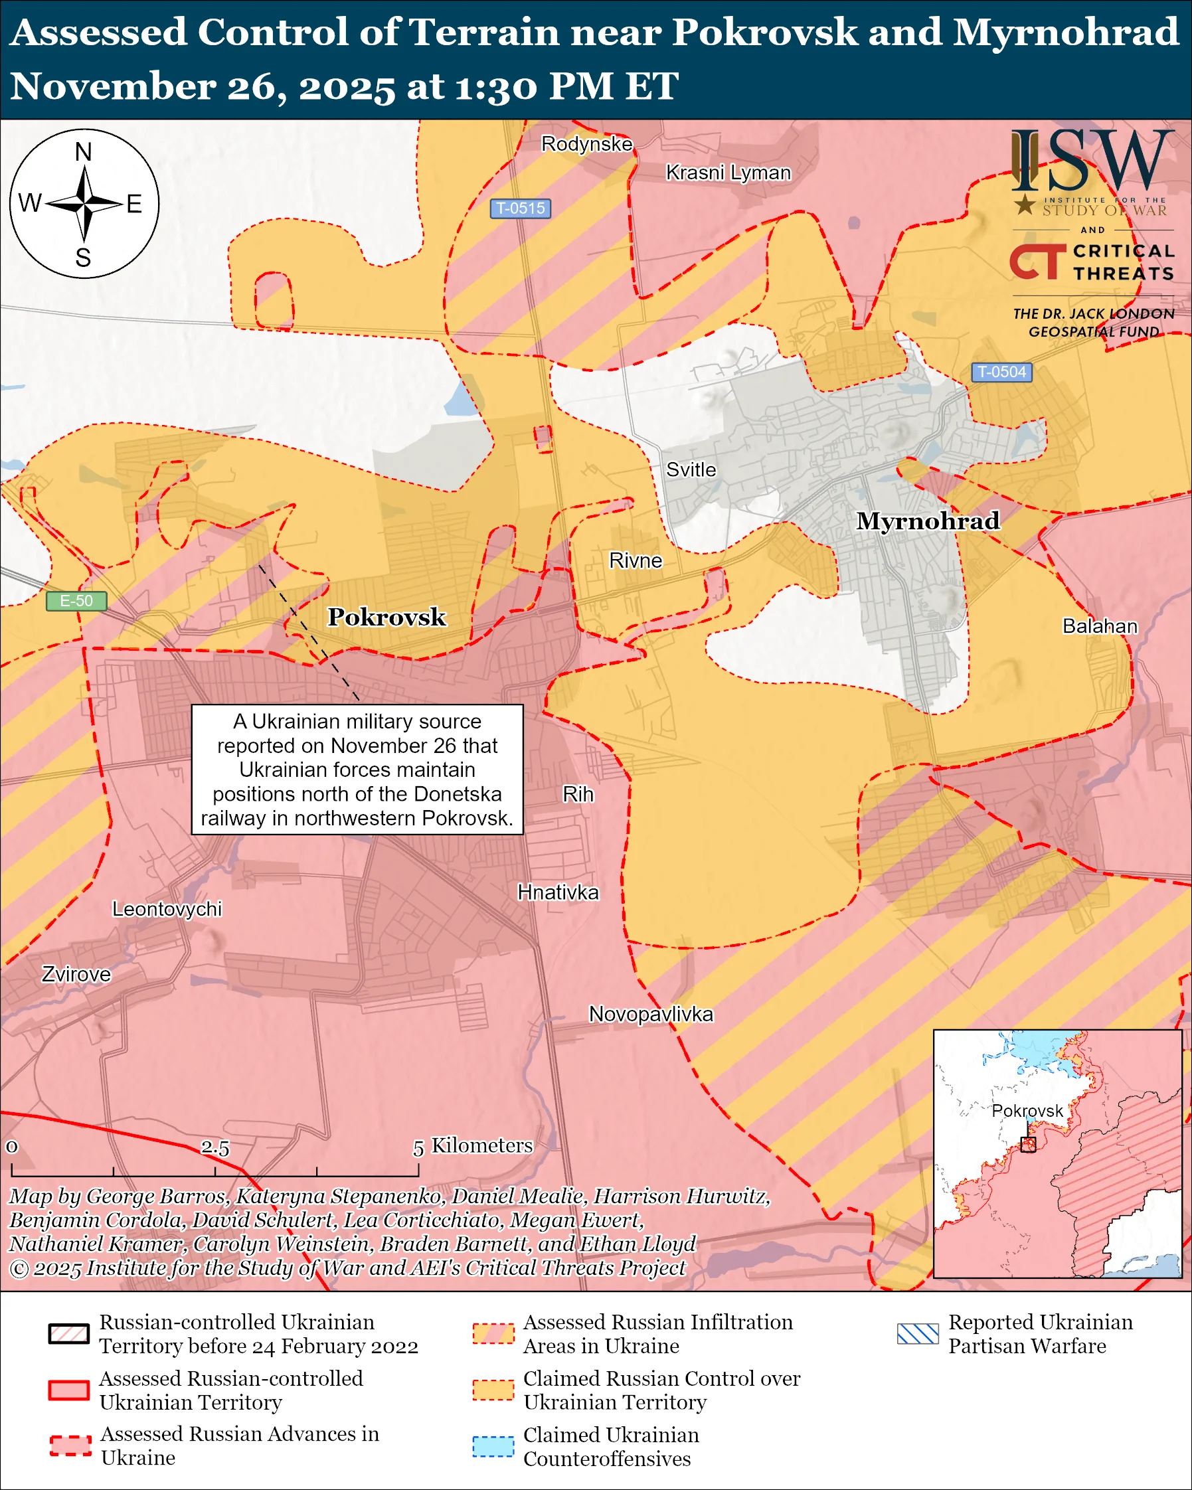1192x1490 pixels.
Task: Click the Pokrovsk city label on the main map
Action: [386, 617]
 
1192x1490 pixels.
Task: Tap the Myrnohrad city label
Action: [927, 521]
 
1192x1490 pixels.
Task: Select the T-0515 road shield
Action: [521, 208]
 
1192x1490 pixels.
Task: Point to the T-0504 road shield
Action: [1001, 372]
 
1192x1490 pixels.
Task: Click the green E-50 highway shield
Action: [76, 600]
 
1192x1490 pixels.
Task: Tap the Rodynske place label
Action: [586, 143]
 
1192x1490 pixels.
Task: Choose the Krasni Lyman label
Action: [728, 173]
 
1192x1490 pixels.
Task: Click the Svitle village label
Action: [691, 470]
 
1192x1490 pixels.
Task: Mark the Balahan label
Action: [1100, 626]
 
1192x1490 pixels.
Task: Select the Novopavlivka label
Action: [650, 1014]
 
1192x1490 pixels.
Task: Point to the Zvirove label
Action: [76, 975]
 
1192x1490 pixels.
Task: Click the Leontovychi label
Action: [167, 909]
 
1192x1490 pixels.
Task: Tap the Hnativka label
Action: [558, 892]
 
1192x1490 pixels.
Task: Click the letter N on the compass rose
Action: [83, 152]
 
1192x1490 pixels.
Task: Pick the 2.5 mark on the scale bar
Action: [215, 1147]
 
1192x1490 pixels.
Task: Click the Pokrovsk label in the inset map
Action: [1027, 1111]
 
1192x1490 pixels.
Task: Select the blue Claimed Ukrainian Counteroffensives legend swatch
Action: [493, 1446]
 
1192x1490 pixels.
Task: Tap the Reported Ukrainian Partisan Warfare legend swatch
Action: [917, 1334]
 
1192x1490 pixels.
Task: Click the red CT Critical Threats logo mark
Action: [1037, 261]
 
